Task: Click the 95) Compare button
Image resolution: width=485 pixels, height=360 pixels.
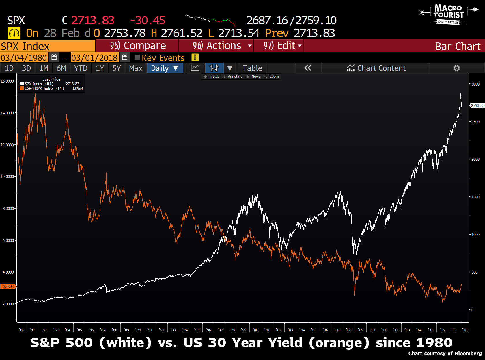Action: point(138,46)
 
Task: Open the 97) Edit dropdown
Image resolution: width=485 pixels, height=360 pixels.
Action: point(279,46)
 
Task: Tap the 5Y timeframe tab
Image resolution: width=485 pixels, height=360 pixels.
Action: point(116,68)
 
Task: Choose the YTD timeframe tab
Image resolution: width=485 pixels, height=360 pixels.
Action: point(81,68)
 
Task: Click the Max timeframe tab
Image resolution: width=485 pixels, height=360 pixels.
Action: point(136,68)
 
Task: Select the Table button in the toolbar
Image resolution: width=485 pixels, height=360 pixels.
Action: point(252,68)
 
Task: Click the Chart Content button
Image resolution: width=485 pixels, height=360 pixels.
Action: point(376,68)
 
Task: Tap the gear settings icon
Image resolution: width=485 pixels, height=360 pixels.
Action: point(456,68)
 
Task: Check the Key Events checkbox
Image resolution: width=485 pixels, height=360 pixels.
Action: point(138,58)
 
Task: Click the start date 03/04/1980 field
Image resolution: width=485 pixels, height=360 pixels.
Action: point(24,58)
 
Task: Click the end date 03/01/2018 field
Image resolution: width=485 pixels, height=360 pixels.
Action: point(94,58)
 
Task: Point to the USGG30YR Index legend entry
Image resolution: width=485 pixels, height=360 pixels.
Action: point(39,89)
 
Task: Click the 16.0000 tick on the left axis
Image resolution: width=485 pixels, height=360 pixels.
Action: point(7,81)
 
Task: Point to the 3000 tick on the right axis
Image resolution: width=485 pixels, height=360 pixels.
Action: point(475,84)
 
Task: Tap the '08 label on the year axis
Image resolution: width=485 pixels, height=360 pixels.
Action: point(349,330)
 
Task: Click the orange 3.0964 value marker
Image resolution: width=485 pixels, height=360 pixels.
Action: point(9,287)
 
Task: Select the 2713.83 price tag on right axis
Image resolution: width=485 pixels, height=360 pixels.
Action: point(477,105)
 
